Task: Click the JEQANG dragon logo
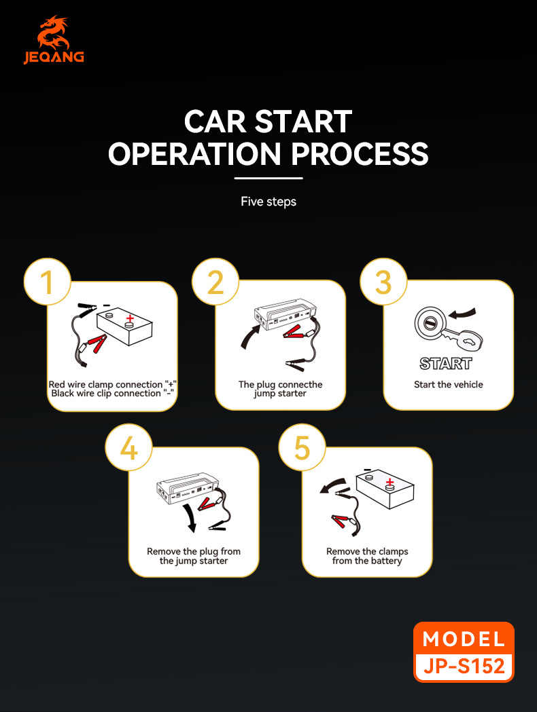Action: [54, 34]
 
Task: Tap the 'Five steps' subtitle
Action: [268, 202]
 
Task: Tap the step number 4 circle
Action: [128, 449]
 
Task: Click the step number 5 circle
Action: [303, 449]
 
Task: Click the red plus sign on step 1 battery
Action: [130, 317]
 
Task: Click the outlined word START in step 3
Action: [446, 364]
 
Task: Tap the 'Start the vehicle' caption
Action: [449, 385]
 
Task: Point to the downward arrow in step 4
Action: [192, 519]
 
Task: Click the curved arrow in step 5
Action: [333, 485]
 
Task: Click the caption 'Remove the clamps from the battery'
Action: [367, 556]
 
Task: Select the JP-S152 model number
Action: [464, 665]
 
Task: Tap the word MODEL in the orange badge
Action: [464, 639]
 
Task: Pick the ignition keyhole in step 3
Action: [430, 320]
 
